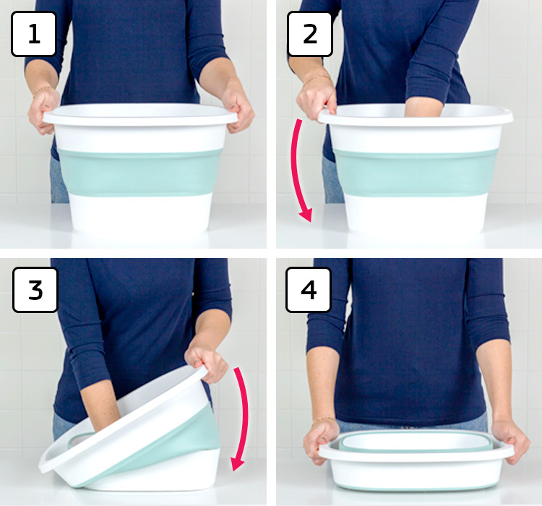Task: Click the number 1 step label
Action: (x=33, y=34)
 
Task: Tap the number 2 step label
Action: (x=310, y=34)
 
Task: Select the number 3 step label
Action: (x=35, y=290)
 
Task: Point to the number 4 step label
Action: (x=309, y=290)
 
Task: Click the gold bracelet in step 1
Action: (x=43, y=90)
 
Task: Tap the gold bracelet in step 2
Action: (x=317, y=79)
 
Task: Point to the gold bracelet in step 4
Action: (x=324, y=420)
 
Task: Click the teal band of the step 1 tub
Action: (x=139, y=172)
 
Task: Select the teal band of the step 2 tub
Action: (x=416, y=172)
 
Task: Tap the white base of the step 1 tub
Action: (x=140, y=213)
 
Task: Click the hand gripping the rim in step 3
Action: (x=207, y=363)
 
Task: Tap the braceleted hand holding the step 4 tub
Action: (x=319, y=441)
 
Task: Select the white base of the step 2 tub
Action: (x=416, y=213)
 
